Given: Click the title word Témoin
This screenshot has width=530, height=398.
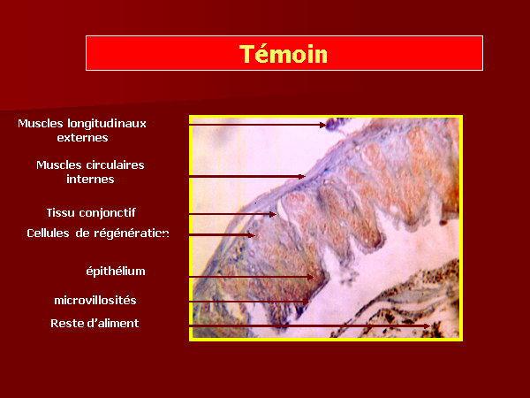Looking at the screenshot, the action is click(x=284, y=54).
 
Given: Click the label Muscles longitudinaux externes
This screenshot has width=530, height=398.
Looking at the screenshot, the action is click(x=82, y=130).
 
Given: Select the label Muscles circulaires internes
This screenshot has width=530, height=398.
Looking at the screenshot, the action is click(x=90, y=172).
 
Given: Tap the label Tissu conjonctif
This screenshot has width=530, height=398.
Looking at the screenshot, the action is click(x=91, y=213).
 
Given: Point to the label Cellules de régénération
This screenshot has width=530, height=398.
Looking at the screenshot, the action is click(x=98, y=233).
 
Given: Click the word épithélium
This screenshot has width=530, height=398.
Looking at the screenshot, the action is click(x=116, y=272).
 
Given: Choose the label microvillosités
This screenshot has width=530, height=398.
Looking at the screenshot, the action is click(x=95, y=300).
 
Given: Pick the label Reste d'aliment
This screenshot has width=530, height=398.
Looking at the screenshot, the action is click(x=95, y=323).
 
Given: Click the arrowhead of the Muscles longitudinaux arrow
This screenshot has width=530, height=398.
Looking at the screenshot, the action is click(x=323, y=126).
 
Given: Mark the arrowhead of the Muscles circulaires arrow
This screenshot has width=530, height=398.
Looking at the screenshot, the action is click(x=302, y=176).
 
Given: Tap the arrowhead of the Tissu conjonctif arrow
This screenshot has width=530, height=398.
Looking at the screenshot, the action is click(x=273, y=214).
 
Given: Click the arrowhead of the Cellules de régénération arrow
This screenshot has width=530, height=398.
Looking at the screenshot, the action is click(x=252, y=235).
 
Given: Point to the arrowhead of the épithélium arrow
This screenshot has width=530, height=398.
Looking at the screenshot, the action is click(x=310, y=277).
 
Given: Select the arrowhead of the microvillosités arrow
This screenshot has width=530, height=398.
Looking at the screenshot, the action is click(x=306, y=302).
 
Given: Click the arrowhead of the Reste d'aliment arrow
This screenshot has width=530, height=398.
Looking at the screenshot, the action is click(x=427, y=326).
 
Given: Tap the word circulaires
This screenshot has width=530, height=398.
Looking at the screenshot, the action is click(x=115, y=165).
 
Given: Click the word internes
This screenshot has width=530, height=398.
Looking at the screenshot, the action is click(x=90, y=179).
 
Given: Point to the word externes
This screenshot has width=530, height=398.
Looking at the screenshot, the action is click(x=82, y=138).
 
